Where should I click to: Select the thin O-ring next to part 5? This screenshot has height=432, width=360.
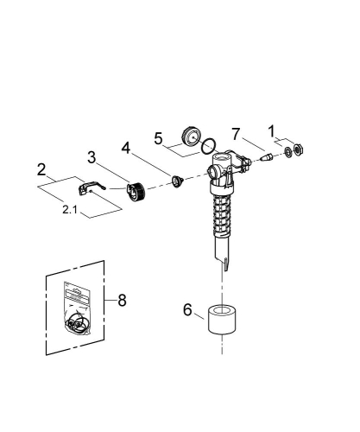[205, 148]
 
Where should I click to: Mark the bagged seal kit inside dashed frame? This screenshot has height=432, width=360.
[76, 312]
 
